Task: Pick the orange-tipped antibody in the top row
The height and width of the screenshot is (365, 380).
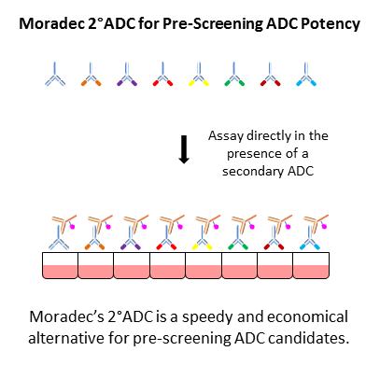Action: click(91, 74)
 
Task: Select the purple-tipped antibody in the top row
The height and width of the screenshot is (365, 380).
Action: click(127, 74)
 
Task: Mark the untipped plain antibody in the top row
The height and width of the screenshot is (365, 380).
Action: click(55, 74)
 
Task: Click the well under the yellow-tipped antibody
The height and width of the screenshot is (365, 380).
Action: click(203, 267)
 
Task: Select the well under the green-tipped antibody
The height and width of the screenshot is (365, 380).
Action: click(239, 267)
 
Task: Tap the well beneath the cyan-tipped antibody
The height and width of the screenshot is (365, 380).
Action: click(312, 267)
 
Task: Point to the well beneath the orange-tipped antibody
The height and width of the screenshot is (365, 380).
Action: click(93, 267)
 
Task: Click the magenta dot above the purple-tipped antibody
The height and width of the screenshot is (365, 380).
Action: click(146, 225)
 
